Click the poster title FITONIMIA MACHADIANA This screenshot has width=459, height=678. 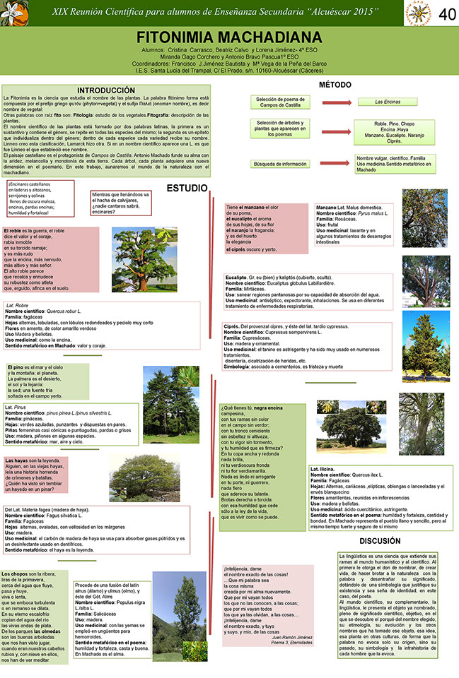point(230,37)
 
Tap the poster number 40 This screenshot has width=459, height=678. point(446,13)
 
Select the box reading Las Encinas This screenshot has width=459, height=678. point(387,102)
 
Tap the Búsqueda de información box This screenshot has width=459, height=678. point(280,164)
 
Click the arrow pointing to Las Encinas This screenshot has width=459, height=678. point(330,102)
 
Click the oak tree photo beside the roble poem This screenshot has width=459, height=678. point(134,260)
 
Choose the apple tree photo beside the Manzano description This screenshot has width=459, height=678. point(425,217)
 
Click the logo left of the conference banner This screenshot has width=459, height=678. point(15,13)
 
